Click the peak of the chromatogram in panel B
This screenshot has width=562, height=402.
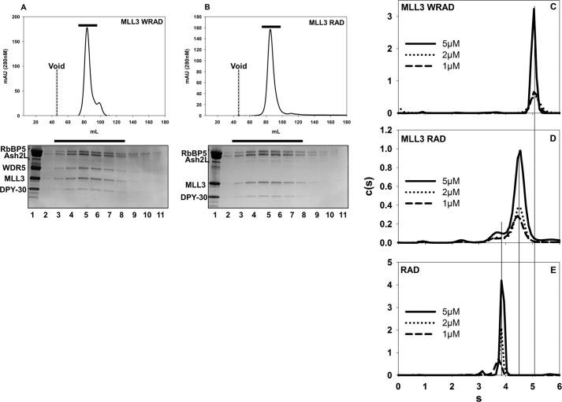coord(270,31)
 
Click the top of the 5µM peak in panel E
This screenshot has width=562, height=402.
coord(501,281)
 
